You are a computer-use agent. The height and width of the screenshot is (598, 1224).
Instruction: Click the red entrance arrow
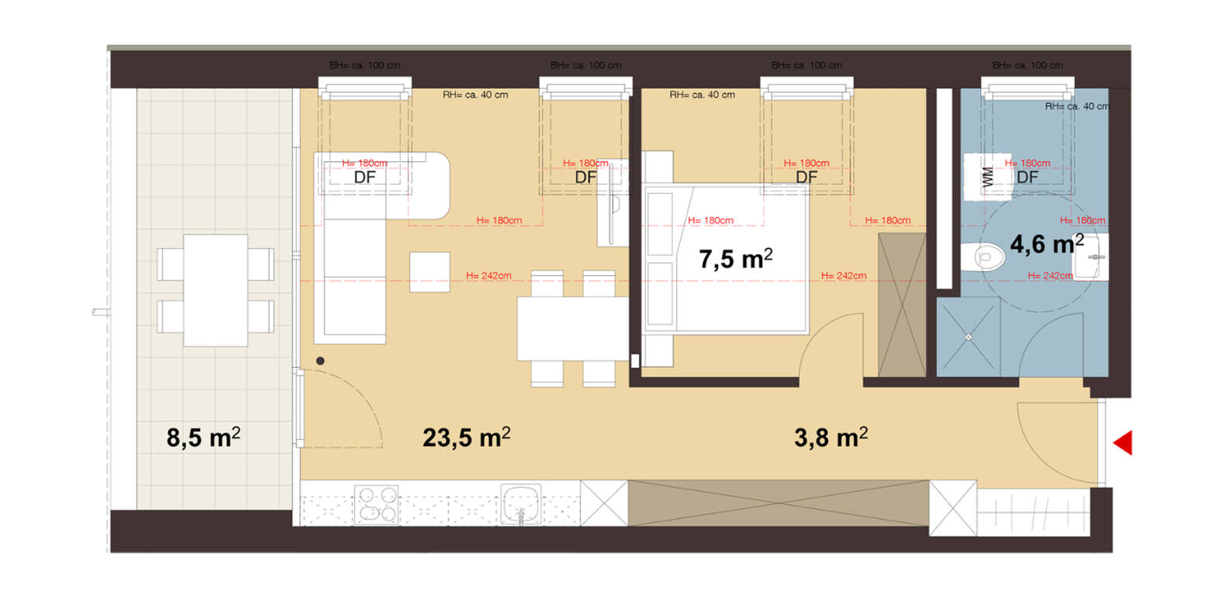point(1124,442)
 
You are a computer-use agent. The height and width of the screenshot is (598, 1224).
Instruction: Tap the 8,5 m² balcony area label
point(203,437)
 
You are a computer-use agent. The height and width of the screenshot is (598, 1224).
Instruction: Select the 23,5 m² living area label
point(466,437)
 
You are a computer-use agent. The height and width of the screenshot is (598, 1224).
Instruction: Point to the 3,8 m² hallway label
point(830,437)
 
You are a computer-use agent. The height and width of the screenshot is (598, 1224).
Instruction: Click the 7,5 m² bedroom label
point(735,258)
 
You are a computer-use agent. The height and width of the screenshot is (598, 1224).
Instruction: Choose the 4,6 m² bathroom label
point(1046,244)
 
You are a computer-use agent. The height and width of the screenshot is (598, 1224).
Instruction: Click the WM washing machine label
point(987,177)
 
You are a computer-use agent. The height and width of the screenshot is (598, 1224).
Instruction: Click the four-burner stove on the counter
point(376,503)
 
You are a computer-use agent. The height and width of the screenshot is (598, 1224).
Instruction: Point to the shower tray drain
point(968,337)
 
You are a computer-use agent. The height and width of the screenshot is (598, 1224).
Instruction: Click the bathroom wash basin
point(1092,256)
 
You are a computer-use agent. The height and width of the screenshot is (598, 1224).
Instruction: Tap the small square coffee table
point(429,272)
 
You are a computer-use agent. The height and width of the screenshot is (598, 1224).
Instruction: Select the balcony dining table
point(215,290)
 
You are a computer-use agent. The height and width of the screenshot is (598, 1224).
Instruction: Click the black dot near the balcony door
point(320,361)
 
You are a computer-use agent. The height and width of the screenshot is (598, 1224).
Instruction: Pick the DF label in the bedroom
point(806,177)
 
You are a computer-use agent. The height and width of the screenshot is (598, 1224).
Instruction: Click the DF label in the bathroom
point(1027,177)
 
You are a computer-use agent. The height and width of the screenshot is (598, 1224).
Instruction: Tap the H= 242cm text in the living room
point(488,276)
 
